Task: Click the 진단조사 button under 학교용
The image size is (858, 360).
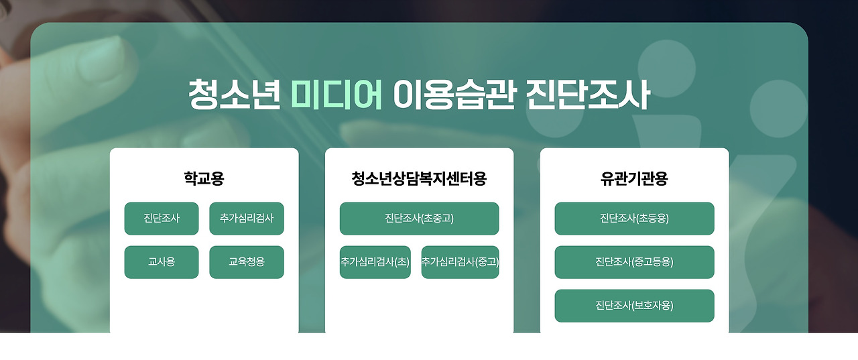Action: click(x=162, y=219)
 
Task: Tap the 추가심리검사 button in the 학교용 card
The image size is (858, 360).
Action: click(x=247, y=219)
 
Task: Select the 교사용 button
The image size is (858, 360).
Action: click(x=162, y=262)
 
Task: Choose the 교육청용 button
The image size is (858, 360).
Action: click(x=247, y=262)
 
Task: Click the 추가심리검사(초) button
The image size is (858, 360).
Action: click(x=375, y=262)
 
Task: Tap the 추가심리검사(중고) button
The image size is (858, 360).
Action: click(x=460, y=262)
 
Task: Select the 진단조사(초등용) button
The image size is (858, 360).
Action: click(x=634, y=219)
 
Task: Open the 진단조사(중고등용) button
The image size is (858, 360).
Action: click(x=634, y=262)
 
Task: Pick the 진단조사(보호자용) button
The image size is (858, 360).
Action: click(x=634, y=306)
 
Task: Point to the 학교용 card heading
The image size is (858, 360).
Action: click(x=204, y=178)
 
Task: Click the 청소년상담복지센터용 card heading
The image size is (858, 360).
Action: click(x=419, y=178)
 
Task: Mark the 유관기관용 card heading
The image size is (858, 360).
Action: click(x=634, y=178)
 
